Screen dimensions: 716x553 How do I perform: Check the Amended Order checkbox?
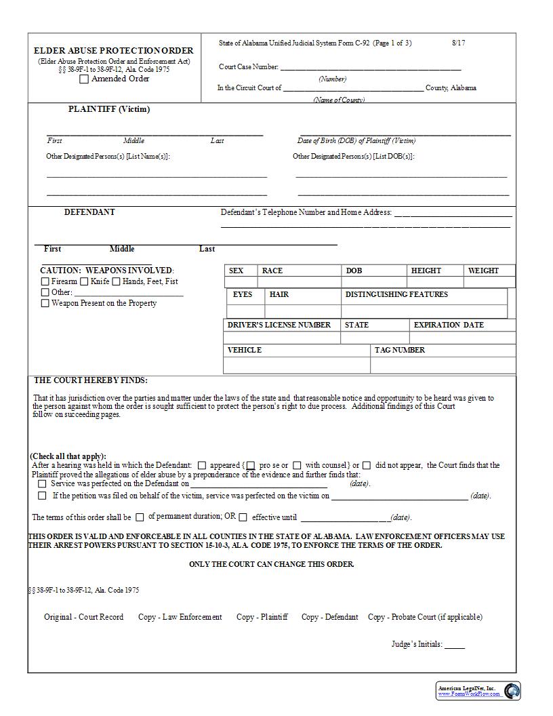(84, 79)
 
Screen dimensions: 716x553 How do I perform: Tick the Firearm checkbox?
(45, 281)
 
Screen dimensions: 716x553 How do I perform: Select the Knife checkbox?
(85, 281)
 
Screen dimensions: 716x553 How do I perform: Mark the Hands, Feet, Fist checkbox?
(117, 281)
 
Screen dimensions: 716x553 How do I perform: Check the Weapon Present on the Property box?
(45, 304)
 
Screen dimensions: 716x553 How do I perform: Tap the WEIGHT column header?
(483, 271)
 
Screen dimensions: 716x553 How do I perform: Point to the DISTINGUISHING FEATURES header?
(396, 295)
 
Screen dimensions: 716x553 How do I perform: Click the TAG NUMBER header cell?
(400, 351)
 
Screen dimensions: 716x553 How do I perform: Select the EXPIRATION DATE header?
(449, 325)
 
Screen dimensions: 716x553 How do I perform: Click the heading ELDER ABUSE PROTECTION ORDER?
(114, 51)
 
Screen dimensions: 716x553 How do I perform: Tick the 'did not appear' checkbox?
(367, 466)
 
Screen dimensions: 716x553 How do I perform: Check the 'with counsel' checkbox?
(298, 466)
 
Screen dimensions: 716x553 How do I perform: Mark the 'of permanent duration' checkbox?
(140, 517)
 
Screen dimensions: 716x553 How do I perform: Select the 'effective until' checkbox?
(243, 517)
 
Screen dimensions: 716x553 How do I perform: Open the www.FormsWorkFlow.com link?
(468, 694)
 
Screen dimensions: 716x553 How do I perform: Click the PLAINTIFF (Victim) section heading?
(109, 109)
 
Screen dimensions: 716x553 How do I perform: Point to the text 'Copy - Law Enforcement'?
(180, 617)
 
